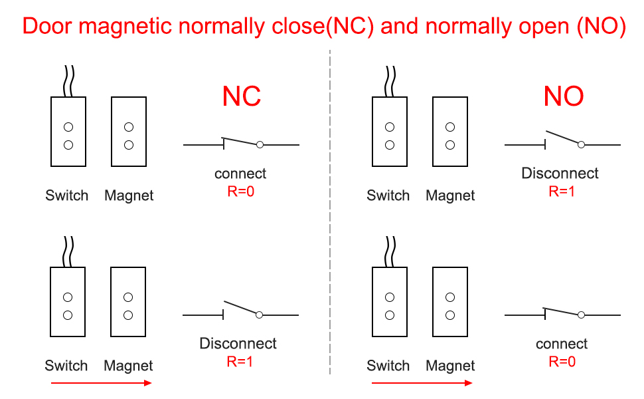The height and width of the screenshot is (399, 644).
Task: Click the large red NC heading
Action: click(x=242, y=96)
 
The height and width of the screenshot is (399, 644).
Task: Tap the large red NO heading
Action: click(x=564, y=96)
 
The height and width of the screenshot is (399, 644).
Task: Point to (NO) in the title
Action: click(x=602, y=26)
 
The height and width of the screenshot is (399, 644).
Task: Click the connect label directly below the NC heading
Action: click(x=240, y=174)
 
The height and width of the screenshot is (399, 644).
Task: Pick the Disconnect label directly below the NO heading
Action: click(x=560, y=174)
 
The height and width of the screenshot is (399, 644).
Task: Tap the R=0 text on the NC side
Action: click(x=240, y=192)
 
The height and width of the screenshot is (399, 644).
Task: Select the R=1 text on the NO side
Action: click(x=561, y=192)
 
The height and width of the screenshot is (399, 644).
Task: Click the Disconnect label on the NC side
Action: click(x=238, y=344)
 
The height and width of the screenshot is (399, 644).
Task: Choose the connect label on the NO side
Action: click(x=562, y=344)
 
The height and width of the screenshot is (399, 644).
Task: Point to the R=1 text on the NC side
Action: click(x=240, y=362)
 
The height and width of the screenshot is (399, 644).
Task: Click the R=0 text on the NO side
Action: click(x=562, y=362)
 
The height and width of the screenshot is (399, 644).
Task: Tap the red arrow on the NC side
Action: click(x=102, y=382)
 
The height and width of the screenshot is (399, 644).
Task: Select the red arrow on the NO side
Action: click(x=422, y=382)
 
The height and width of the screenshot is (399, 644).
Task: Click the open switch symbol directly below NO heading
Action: click(x=563, y=140)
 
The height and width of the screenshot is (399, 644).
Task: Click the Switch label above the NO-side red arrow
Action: click(x=388, y=366)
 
